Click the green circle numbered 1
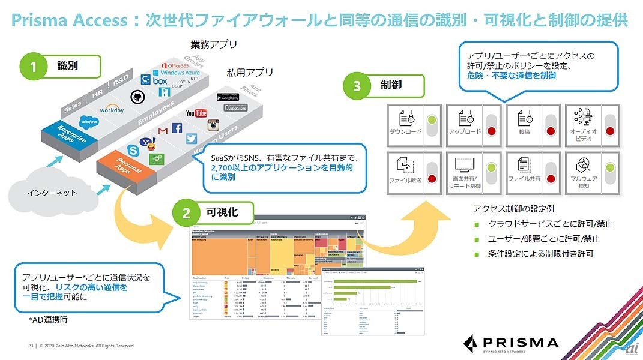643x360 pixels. (x=34, y=68)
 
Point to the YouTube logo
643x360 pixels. (x=196, y=113)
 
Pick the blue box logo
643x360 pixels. (x=160, y=80)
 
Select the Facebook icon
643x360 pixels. (x=177, y=128)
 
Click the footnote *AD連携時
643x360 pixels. (x=48, y=320)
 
